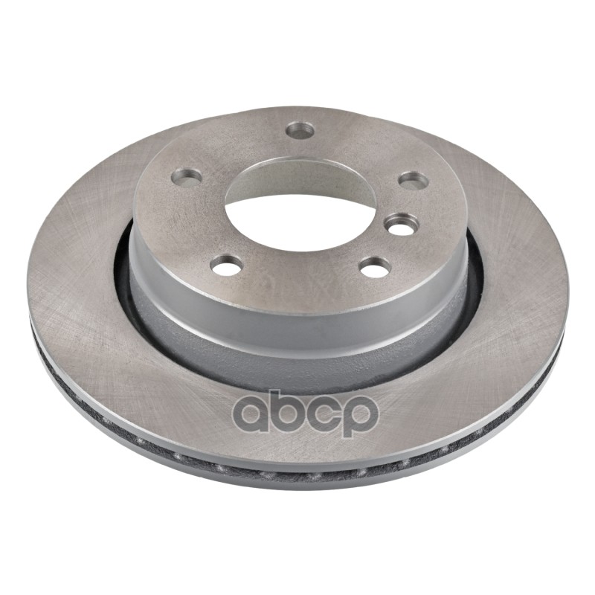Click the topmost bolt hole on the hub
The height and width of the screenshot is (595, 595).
(x=300, y=130)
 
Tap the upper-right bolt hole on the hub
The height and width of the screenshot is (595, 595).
(x=414, y=180)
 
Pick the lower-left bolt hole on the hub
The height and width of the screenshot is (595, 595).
(x=227, y=266)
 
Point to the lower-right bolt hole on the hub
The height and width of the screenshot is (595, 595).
(x=375, y=267)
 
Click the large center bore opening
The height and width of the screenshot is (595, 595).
(x=300, y=213)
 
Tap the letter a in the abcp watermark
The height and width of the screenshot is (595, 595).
(x=251, y=416)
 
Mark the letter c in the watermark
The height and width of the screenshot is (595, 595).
(x=321, y=416)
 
